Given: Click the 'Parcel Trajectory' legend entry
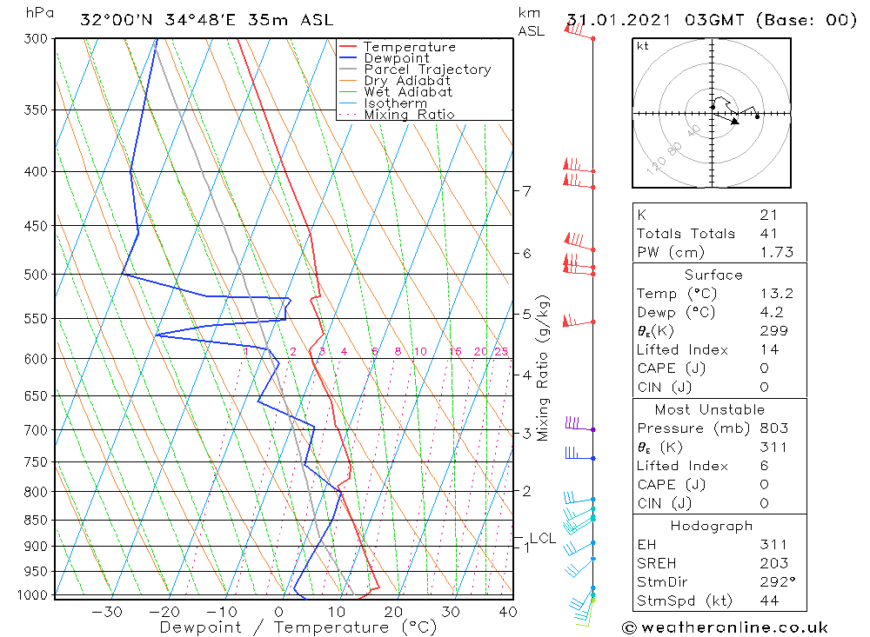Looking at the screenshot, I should [x=427, y=70].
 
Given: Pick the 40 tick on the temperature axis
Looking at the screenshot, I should [x=507, y=612].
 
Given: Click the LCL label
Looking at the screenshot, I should [x=542, y=539].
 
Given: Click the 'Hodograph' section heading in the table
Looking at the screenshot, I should [x=712, y=526].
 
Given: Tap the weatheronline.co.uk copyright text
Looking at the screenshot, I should [x=725, y=627].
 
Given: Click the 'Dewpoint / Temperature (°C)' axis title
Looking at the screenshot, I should [x=298, y=627].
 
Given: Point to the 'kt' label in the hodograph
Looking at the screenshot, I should [x=643, y=46].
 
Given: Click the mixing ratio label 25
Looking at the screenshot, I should [x=501, y=351].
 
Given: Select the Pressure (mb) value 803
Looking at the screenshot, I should [x=773, y=428].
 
